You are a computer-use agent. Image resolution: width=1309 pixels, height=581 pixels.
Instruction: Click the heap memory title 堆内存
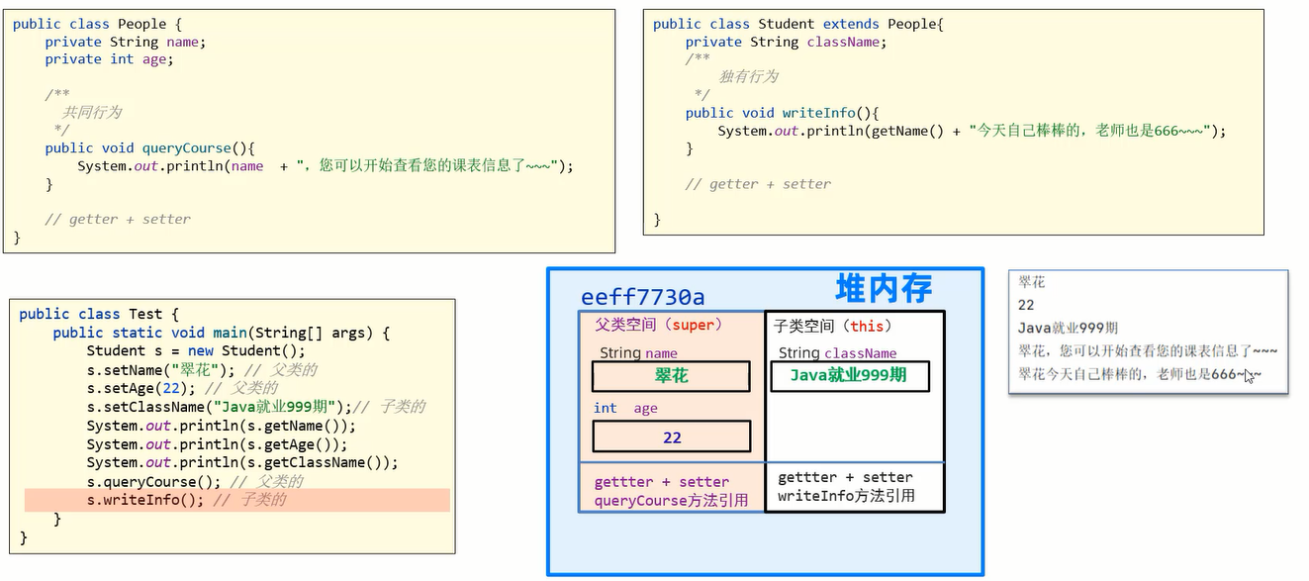pos(884,288)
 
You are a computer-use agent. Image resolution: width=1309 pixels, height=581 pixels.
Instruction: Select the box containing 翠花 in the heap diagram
pos(671,376)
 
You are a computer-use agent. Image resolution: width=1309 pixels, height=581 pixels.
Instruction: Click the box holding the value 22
pos(671,436)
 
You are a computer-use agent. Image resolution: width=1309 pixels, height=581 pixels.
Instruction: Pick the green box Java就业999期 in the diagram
pos(849,376)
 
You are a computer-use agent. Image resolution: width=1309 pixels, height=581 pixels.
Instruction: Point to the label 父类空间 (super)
pos(659,325)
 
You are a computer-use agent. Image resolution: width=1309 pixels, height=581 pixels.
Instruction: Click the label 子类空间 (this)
pos(833,325)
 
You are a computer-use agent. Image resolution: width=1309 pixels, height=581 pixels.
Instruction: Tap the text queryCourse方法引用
pos(671,501)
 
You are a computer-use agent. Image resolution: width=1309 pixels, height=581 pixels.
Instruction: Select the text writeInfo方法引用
pos(846,496)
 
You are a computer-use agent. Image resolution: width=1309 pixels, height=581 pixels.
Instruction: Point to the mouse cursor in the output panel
pos(1250,375)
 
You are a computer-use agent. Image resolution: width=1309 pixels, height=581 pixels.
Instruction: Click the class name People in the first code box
pos(142,23)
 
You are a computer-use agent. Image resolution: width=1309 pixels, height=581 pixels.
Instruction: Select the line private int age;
pos(109,59)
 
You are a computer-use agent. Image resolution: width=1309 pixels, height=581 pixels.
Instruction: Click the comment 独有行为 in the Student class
pos(748,77)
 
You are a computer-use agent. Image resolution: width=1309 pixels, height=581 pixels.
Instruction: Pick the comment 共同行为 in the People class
pos(92,113)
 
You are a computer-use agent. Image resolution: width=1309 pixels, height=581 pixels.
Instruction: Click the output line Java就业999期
pos(1068,328)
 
